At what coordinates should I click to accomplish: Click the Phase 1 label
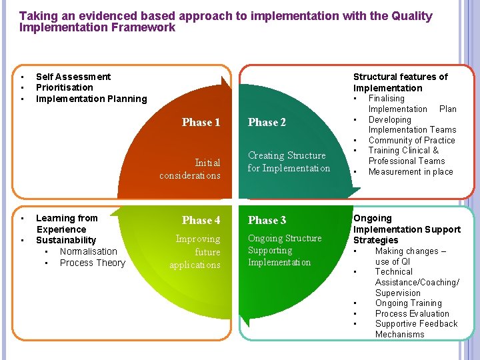coord(201,122)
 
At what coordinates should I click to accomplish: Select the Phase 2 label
coord(267,122)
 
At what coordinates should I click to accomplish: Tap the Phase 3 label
coord(267,220)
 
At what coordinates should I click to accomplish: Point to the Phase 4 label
coord(201,220)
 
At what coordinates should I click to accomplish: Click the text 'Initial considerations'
coord(190,169)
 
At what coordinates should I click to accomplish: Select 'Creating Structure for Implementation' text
coord(289,161)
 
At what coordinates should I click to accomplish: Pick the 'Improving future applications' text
coord(195,252)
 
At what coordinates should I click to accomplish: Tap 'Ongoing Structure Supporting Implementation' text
coord(284,250)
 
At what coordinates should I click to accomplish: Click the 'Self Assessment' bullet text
coord(73,77)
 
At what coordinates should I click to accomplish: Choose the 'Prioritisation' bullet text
coord(65,87)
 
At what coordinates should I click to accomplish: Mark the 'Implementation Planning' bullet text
coord(91,99)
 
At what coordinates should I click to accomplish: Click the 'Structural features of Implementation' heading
coord(400,82)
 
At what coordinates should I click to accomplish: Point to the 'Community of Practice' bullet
coord(411,140)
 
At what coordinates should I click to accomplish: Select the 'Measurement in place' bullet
coord(410,171)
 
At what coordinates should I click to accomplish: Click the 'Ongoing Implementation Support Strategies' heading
coord(407,229)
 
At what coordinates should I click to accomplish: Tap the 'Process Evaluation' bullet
coord(412,313)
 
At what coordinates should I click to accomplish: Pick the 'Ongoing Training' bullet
coord(408,303)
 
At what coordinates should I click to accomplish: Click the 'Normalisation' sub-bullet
coord(88,251)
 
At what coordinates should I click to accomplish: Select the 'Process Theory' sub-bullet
coord(92,263)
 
